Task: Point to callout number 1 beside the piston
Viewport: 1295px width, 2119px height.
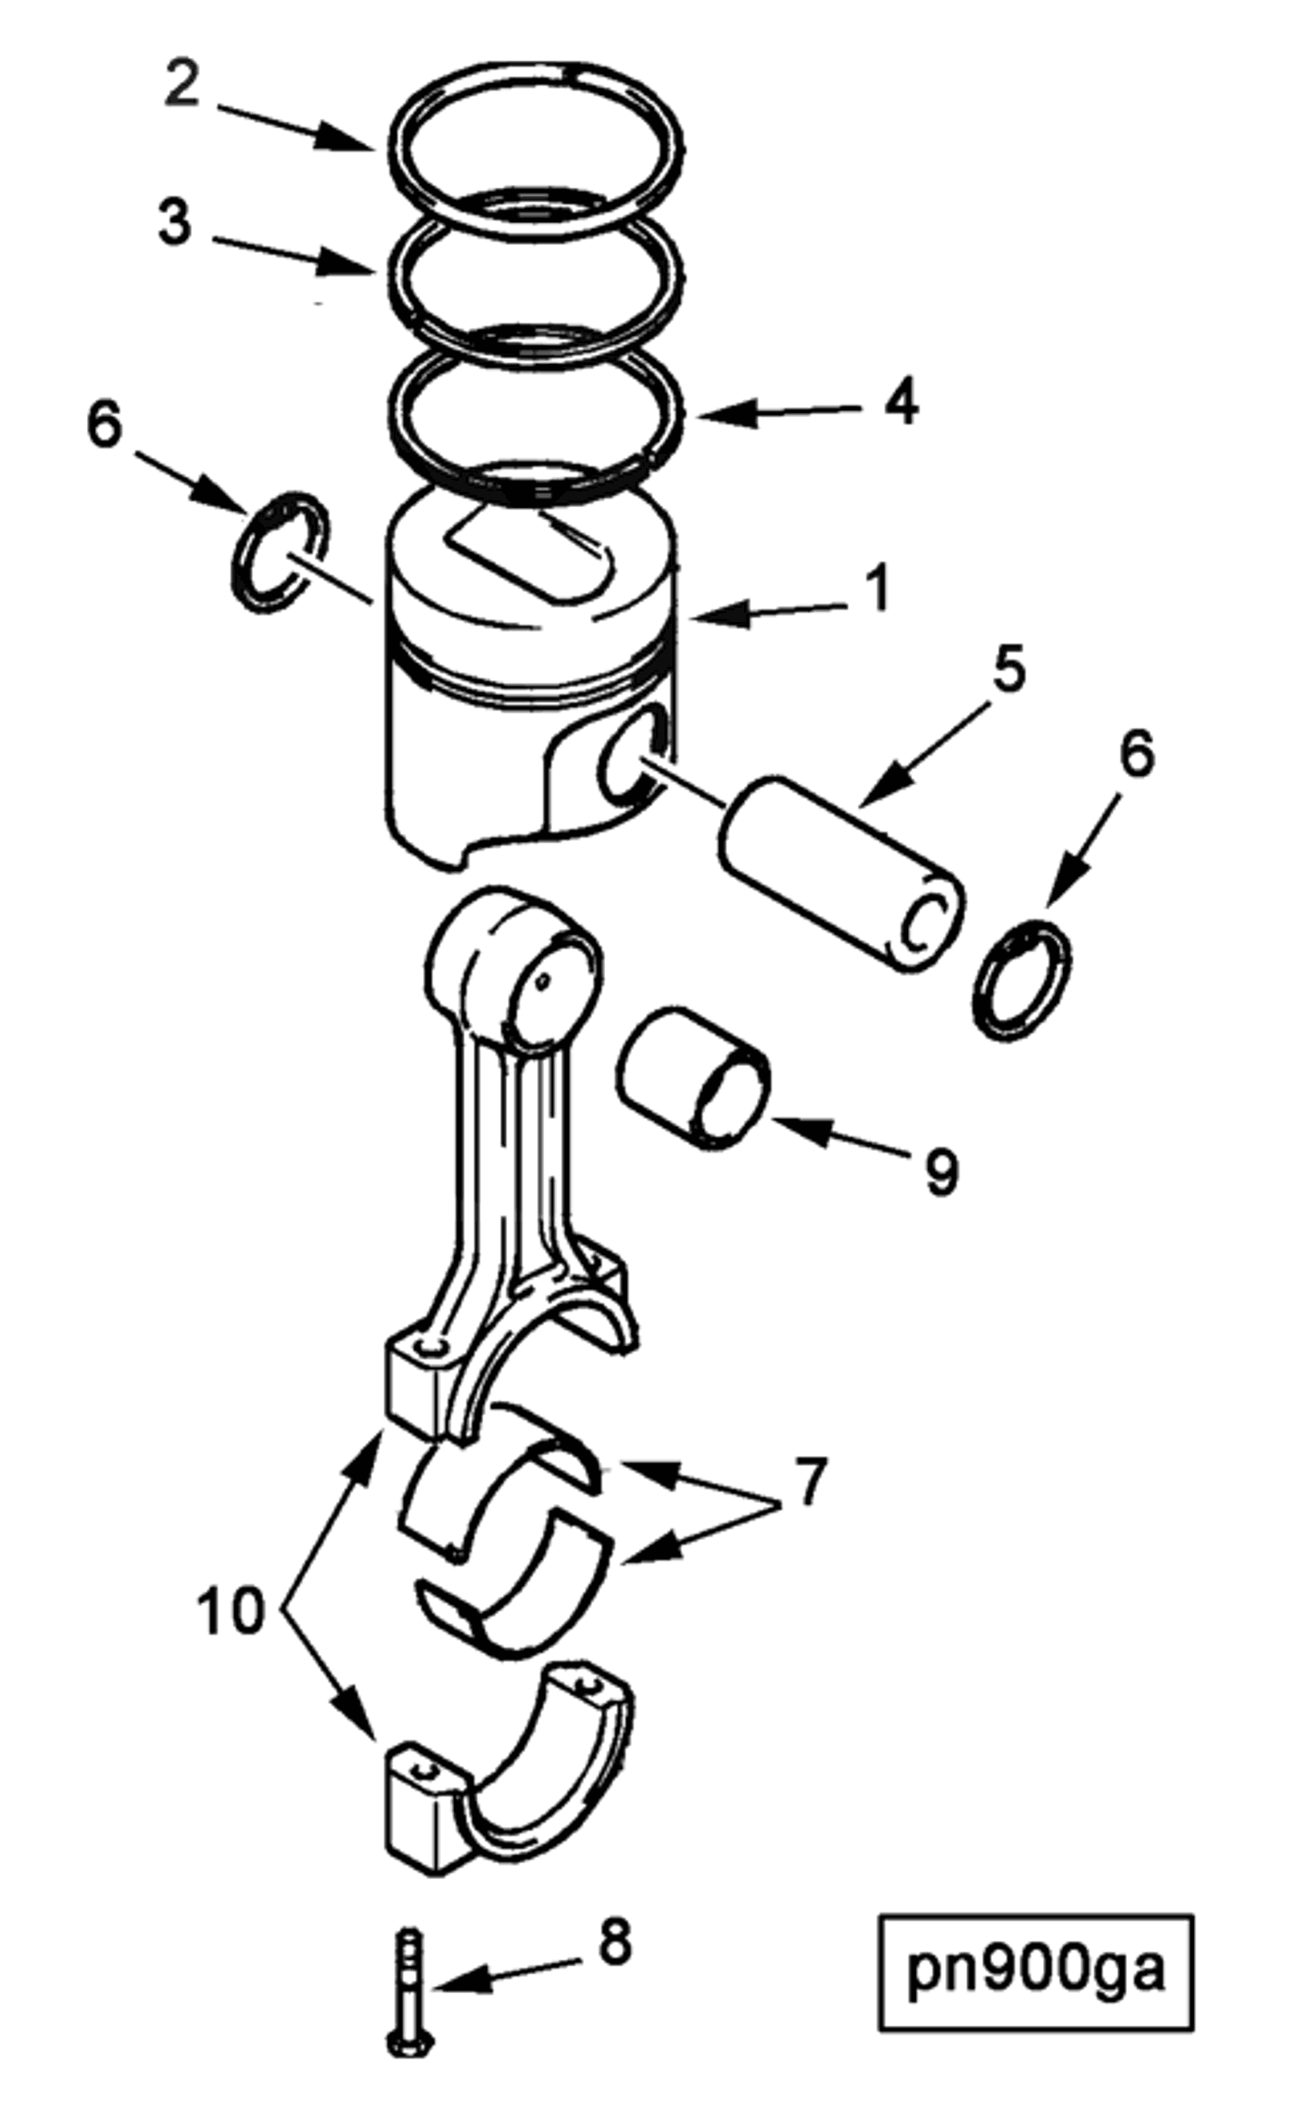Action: [x=877, y=590]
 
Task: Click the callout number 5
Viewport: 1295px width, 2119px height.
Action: [x=1010, y=669]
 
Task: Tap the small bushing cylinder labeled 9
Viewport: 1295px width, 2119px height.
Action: [x=692, y=1079]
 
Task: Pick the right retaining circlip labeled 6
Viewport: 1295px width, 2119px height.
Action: [x=1022, y=980]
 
